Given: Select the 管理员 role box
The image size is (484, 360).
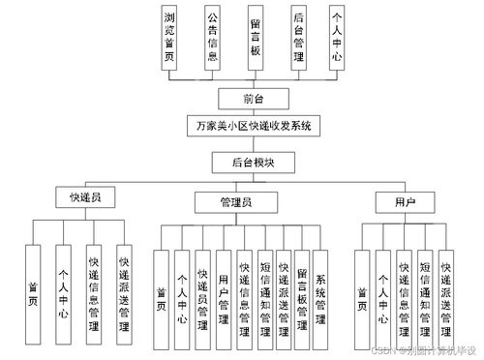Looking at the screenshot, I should tap(237, 202).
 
